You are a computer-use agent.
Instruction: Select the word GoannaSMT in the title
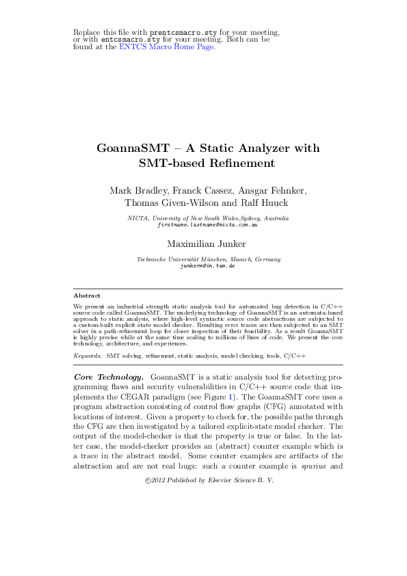pos(129,148)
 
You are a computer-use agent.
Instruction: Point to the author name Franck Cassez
pos(194,190)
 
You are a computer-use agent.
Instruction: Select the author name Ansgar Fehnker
pos(263,190)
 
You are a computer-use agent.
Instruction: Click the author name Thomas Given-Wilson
pos(168,202)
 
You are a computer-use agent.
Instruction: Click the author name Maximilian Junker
pos(203,242)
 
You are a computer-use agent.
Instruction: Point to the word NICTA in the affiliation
pos(139,218)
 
